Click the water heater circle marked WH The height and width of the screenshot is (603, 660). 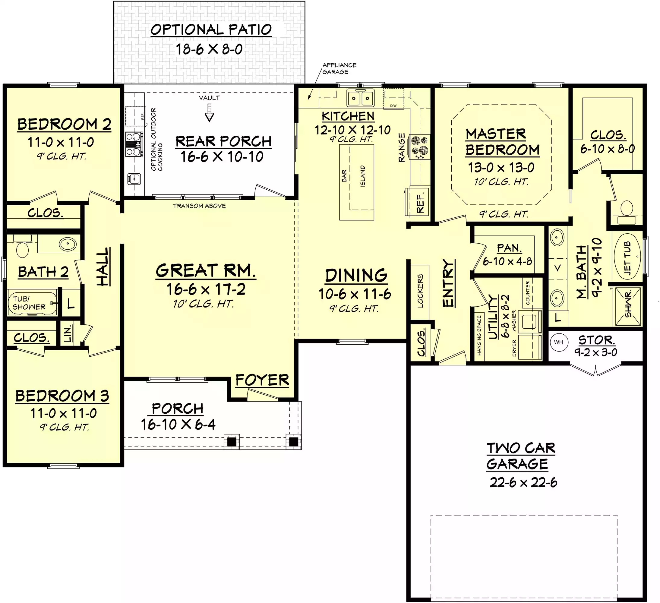[x=558, y=343]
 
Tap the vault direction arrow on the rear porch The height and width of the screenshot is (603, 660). [x=209, y=113]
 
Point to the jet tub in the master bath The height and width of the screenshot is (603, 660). [x=627, y=257]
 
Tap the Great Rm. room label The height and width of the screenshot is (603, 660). [x=206, y=271]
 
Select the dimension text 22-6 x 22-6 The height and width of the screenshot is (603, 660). [x=523, y=482]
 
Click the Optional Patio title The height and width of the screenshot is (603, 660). [x=211, y=30]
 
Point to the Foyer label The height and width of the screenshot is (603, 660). [x=262, y=380]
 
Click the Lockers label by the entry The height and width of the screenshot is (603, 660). [x=420, y=291]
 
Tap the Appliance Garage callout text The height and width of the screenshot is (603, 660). [x=339, y=68]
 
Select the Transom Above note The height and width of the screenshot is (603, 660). [x=199, y=206]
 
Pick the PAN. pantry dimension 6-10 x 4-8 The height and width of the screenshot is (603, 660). [x=507, y=261]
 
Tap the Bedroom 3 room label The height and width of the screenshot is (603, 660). [x=62, y=396]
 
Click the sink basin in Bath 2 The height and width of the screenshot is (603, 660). [x=68, y=244]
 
